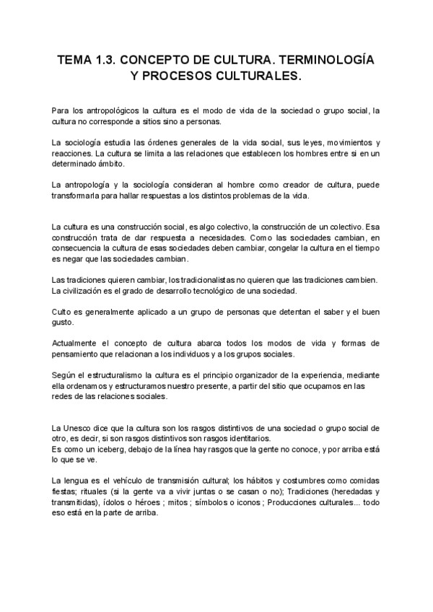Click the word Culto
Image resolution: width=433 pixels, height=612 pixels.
(64, 312)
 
